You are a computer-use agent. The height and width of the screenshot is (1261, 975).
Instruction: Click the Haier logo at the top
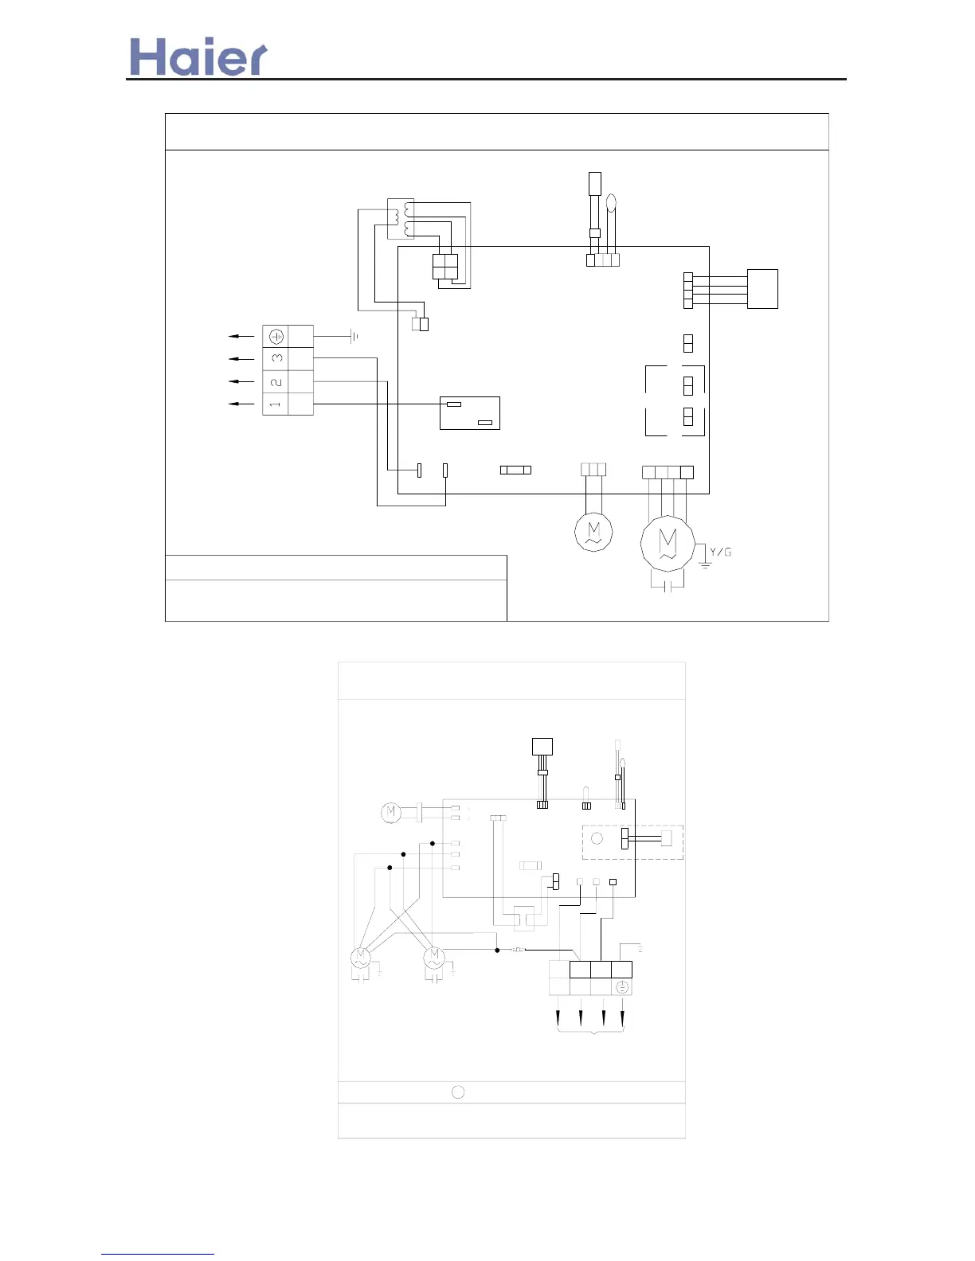198,57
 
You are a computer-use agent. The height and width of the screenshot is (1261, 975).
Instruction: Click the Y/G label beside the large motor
720,552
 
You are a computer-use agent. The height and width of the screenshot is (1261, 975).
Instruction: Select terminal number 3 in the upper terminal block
276,358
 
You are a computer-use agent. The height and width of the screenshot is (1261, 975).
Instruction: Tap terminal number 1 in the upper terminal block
276,404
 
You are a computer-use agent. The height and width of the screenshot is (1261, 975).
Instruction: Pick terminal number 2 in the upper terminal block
276,381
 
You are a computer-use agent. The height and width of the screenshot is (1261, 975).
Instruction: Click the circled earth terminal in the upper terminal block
276,336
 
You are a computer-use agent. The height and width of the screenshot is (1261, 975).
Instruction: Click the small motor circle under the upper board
593,531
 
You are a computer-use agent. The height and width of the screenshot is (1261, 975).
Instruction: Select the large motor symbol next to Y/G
668,544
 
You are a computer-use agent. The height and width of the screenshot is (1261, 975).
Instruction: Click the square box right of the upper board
762,288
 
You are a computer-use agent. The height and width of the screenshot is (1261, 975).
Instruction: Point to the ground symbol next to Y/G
704,564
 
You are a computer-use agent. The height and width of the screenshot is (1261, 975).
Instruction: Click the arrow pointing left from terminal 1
241,404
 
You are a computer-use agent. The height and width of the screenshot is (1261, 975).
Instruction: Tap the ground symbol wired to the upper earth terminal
354,337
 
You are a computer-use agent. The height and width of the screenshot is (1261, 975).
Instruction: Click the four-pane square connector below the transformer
444,267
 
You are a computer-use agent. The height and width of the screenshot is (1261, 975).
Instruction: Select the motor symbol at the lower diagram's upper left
390,813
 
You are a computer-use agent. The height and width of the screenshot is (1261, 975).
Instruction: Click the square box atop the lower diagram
542,748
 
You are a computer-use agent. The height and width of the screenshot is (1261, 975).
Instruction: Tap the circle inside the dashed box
597,838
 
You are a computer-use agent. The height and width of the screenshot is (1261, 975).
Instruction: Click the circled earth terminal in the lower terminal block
622,987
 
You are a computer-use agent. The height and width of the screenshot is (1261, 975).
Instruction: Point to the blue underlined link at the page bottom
158,1254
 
